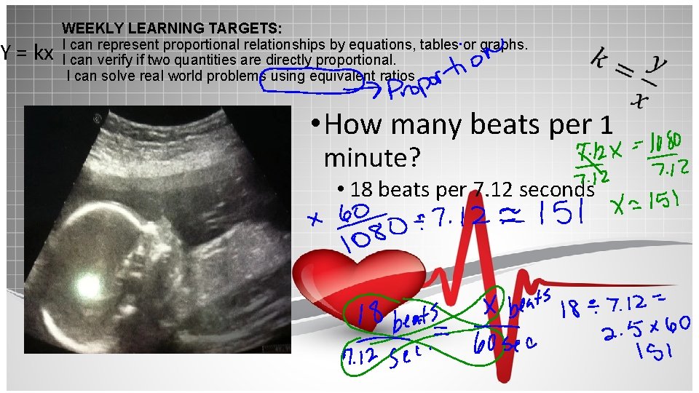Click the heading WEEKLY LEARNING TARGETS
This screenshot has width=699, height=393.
click(x=172, y=29)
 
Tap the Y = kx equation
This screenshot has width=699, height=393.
click(x=28, y=53)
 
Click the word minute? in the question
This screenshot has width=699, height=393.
click(x=372, y=157)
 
